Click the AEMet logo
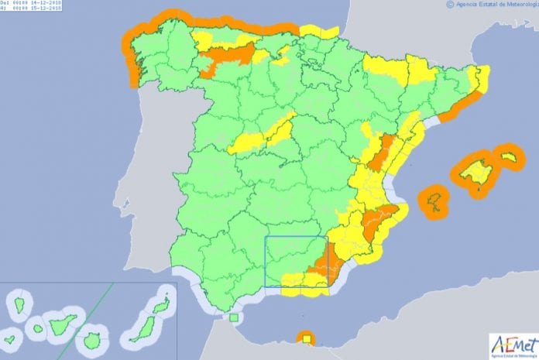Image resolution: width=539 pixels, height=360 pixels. click(x=512, y=343)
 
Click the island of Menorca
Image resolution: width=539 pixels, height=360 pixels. click(x=508, y=157)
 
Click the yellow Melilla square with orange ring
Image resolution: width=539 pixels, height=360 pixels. click(x=307, y=338)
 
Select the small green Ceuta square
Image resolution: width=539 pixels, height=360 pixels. click(x=234, y=317)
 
